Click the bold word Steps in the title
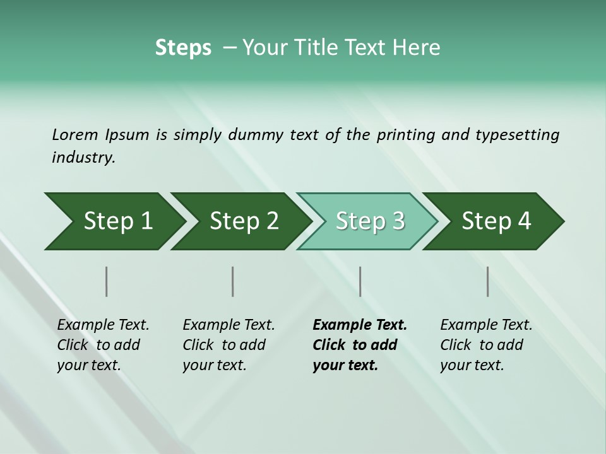point(183,48)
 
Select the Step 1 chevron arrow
point(114,221)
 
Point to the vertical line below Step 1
point(107,281)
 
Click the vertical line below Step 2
point(233,281)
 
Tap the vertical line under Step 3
point(360,281)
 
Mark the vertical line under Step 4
point(487,281)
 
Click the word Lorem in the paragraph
point(74,134)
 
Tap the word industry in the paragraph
point(83,158)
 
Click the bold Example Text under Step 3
point(360,325)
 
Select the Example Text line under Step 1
point(103,325)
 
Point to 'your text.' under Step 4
point(472,364)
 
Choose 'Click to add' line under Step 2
point(224,345)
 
